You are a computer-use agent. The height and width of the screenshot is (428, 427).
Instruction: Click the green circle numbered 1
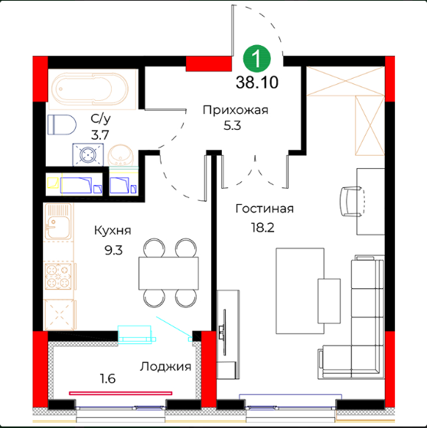[256, 58]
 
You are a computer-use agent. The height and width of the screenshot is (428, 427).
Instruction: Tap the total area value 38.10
[257, 83]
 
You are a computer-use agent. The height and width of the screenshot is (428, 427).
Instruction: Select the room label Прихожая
[236, 110]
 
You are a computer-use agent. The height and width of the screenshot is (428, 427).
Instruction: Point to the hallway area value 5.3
[232, 126]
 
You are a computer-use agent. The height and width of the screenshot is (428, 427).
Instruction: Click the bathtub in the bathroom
[90, 89]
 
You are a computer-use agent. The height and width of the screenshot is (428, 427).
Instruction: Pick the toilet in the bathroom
[62, 125]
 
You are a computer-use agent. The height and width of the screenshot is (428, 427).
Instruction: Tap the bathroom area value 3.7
[99, 135]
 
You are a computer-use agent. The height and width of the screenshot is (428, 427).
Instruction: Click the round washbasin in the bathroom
[121, 154]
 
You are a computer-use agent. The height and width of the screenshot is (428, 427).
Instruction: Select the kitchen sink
[58, 222]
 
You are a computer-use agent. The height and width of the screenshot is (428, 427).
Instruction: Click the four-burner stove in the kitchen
[58, 276]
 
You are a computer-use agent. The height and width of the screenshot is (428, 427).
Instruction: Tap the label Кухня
[112, 231]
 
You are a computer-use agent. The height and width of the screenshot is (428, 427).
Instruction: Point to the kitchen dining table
[168, 274]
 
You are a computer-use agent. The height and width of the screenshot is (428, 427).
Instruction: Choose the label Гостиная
[265, 209]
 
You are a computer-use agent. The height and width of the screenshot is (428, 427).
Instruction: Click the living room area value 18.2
[262, 228]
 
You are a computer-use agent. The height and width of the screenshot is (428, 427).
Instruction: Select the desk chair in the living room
[352, 202]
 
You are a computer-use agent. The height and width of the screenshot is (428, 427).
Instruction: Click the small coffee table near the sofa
[329, 301]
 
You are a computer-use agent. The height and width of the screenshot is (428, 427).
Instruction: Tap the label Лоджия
[165, 367]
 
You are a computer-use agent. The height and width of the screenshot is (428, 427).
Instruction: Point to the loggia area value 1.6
[107, 379]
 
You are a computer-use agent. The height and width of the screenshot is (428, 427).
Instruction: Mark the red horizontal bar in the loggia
[121, 393]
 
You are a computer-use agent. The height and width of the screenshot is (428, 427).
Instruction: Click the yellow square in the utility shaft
[53, 183]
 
